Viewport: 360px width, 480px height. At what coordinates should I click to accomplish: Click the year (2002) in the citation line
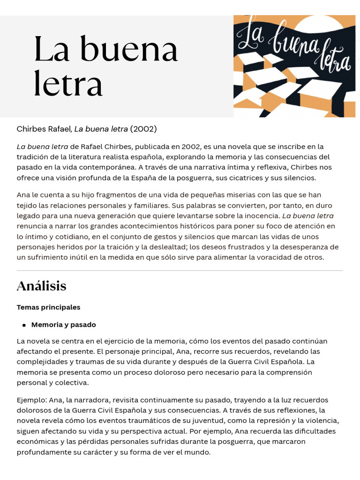(143, 128)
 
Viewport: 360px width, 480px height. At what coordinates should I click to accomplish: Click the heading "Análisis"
(41, 285)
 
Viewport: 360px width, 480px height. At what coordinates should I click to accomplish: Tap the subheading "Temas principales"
(48, 307)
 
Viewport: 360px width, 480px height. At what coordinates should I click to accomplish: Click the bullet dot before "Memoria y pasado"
(24, 325)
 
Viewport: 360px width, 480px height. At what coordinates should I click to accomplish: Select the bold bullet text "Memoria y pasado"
(63, 324)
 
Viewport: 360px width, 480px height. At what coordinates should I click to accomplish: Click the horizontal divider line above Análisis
(180, 270)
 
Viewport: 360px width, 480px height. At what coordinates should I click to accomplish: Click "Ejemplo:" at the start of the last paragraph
(31, 400)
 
